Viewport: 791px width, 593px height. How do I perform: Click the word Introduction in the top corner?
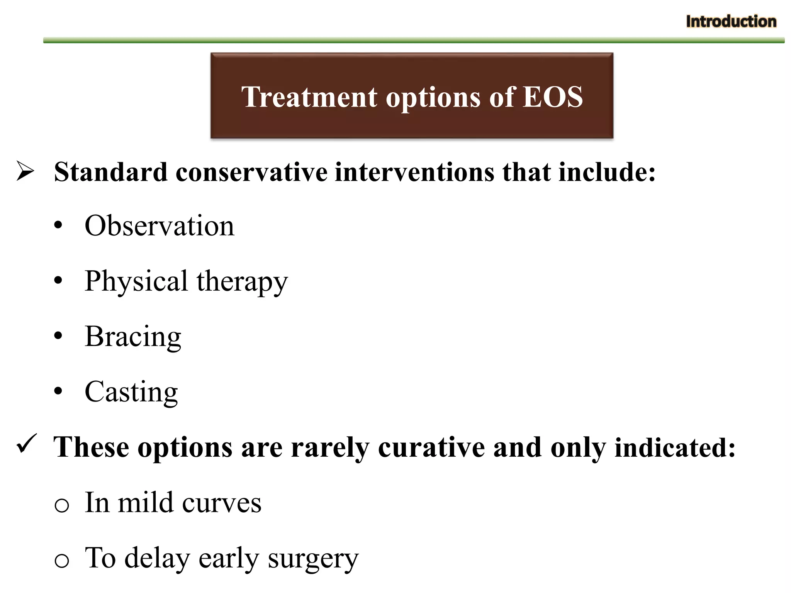[x=731, y=22]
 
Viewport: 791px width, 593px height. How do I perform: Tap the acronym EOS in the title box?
[x=553, y=97]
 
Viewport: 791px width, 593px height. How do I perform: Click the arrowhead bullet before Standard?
[x=25, y=171]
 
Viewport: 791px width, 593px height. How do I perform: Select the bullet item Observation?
[x=159, y=226]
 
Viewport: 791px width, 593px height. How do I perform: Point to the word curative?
[x=431, y=447]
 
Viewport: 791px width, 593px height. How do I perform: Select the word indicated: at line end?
[x=675, y=447]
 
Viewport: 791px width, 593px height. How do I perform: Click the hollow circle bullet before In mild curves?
[x=62, y=505]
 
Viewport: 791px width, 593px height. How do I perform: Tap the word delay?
[x=157, y=558]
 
